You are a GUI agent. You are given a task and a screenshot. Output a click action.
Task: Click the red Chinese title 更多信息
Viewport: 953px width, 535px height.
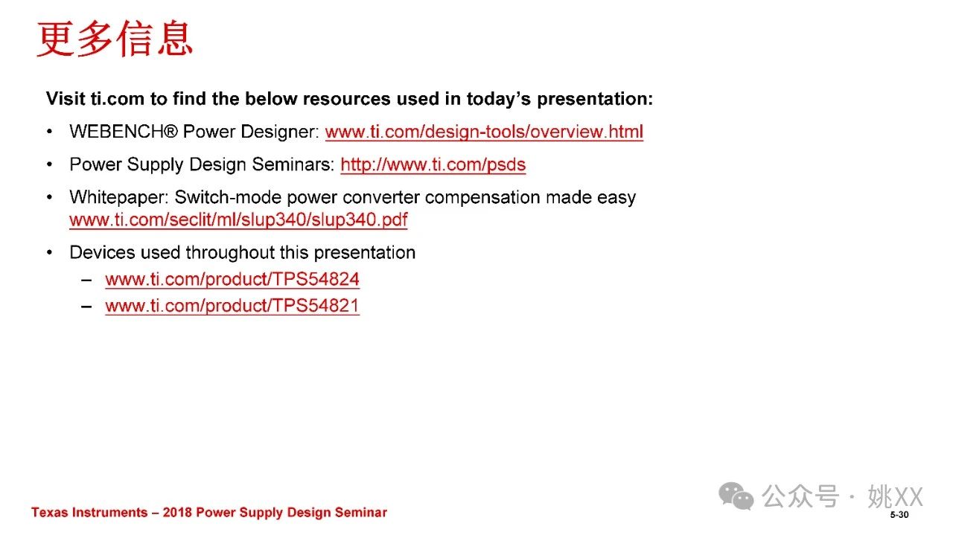click(115, 39)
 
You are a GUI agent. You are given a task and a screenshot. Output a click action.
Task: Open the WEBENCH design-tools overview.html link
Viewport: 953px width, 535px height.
click(484, 132)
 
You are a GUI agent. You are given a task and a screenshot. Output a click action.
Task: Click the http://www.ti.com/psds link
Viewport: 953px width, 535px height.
click(433, 164)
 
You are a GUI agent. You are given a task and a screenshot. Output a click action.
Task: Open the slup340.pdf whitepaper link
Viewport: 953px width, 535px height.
click(238, 220)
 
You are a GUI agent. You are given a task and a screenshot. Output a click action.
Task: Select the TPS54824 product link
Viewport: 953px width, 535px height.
click(232, 280)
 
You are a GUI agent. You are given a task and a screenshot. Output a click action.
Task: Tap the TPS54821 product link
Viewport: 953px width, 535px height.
click(232, 306)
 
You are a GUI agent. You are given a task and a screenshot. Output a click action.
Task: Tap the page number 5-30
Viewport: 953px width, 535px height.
click(899, 515)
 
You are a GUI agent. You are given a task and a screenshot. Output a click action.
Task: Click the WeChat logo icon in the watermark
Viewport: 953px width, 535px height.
click(736, 496)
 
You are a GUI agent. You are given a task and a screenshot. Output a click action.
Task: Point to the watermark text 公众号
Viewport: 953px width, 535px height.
click(800, 496)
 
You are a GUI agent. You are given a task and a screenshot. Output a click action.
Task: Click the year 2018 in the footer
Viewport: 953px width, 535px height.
click(177, 513)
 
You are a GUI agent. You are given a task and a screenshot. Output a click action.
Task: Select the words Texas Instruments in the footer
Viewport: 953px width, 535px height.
click(89, 513)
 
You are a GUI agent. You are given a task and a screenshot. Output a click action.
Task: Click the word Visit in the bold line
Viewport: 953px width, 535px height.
click(66, 99)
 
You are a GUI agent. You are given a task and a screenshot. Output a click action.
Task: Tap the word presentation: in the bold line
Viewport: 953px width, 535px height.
click(595, 99)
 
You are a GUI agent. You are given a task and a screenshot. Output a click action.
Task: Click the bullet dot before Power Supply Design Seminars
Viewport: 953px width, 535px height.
click(50, 164)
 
